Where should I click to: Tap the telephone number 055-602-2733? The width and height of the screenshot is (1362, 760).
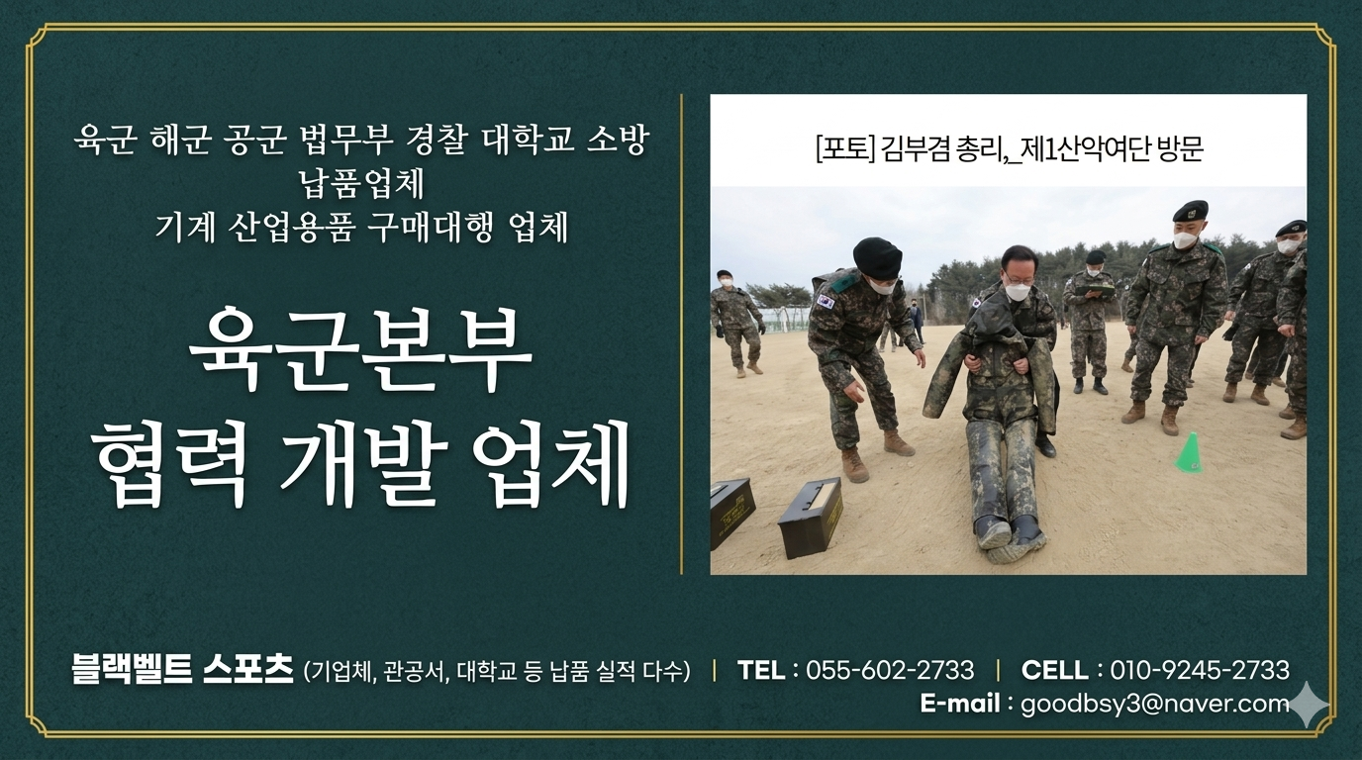pyautogui.click(x=890, y=670)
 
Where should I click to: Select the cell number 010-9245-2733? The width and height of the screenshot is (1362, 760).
pyautogui.click(x=1200, y=670)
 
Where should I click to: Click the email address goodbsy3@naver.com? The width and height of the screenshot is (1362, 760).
pyautogui.click(x=1155, y=705)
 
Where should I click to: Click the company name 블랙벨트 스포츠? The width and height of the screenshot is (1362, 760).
pyautogui.click(x=182, y=669)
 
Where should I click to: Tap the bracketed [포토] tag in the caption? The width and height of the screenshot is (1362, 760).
pyautogui.click(x=845, y=149)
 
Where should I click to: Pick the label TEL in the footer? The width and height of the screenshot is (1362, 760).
pyautogui.click(x=760, y=670)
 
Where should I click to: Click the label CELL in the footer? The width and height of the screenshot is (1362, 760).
pyautogui.click(x=1055, y=670)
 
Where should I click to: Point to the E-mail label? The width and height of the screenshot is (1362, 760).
pyautogui.click(x=960, y=704)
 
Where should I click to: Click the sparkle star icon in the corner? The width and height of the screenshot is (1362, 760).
pyautogui.click(x=1309, y=705)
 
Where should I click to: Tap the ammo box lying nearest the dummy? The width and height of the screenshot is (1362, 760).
pyautogui.click(x=811, y=518)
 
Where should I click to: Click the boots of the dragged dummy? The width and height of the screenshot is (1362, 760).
pyautogui.click(x=1009, y=538)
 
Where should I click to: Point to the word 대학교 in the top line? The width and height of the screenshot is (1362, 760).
pyautogui.click(x=528, y=140)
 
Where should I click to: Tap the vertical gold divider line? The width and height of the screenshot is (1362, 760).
pyautogui.click(x=682, y=334)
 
